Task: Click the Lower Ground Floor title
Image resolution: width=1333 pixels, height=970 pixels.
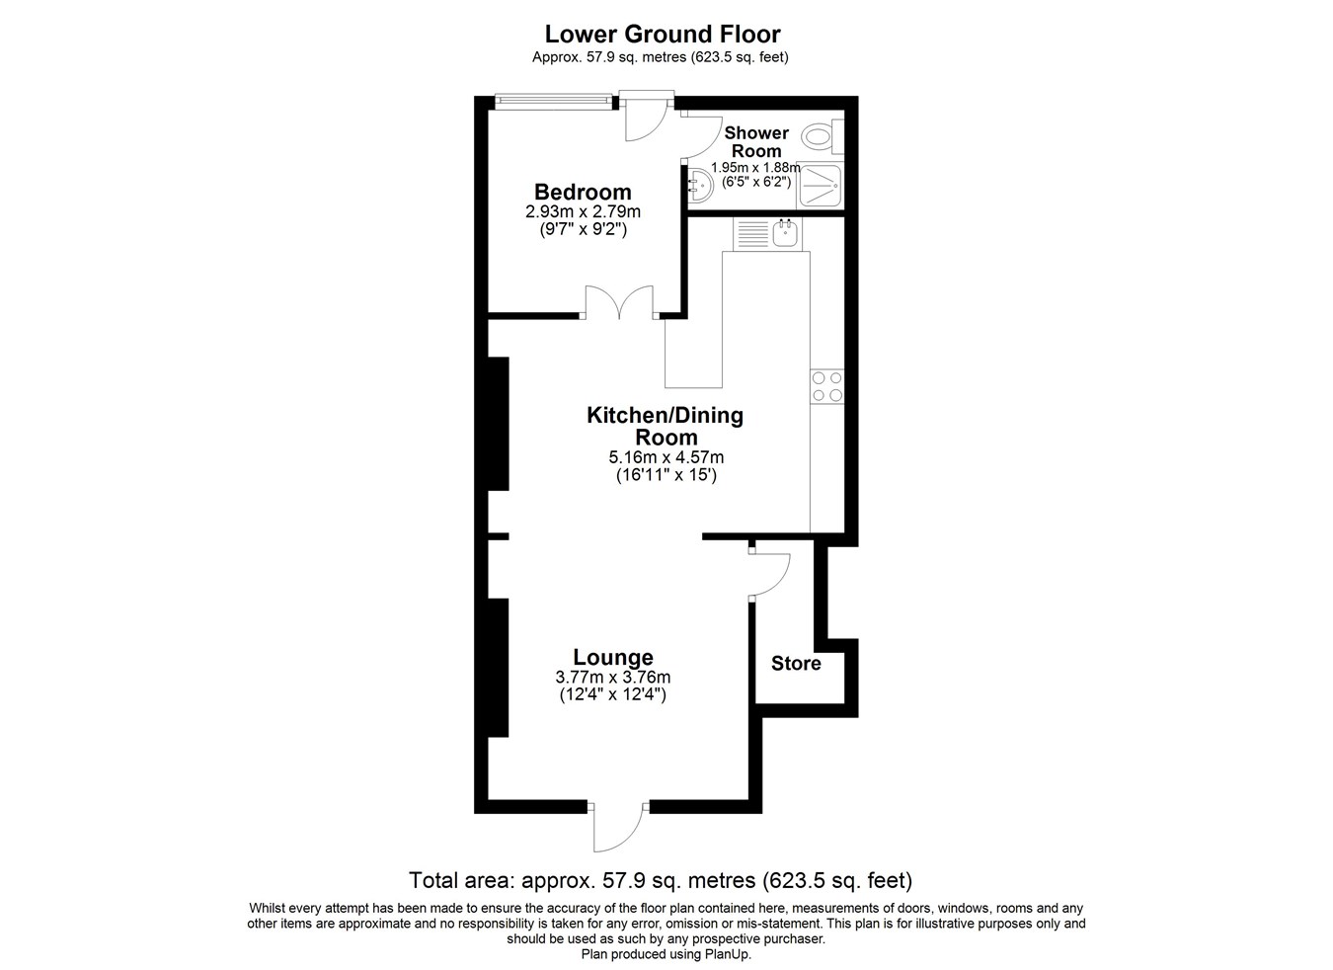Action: [663, 35]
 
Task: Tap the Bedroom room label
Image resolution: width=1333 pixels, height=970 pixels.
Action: [583, 192]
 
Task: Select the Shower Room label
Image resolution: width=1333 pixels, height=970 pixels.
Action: [755, 141]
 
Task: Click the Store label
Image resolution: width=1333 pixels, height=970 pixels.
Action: [796, 664]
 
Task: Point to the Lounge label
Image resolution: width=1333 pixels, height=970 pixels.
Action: [613, 658]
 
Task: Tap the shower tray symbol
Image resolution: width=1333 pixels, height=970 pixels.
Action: [820, 185]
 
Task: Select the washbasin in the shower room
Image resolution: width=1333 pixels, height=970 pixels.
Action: [701, 185]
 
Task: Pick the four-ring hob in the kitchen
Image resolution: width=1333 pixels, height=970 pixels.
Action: [827, 387]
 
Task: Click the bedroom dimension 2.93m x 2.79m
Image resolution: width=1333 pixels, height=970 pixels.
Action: [583, 211]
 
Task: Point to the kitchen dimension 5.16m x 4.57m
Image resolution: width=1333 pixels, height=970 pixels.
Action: [666, 457]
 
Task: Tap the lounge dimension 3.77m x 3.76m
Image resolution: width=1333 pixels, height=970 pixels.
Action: [613, 677]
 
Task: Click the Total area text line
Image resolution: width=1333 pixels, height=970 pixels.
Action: [661, 880]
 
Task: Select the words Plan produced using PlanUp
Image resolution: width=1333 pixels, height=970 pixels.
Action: [666, 954]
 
